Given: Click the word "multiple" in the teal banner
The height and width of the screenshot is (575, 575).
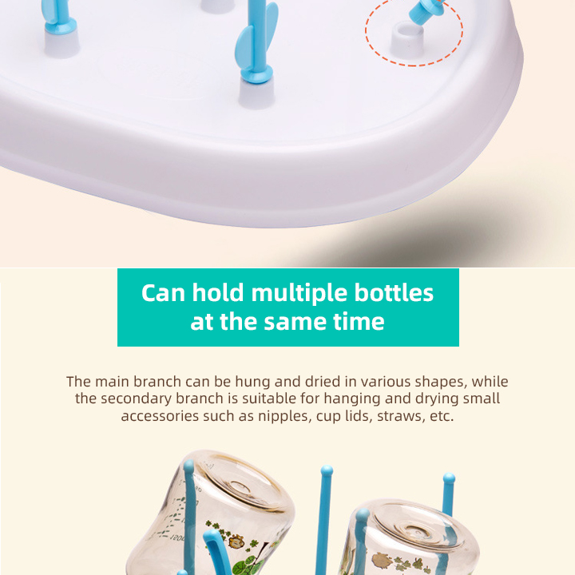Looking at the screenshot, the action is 299,293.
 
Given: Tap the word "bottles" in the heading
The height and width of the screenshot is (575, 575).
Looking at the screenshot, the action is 394,293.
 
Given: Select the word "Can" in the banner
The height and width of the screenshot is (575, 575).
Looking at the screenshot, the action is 163,293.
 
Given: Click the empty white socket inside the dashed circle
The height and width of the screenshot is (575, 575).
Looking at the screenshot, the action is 407,38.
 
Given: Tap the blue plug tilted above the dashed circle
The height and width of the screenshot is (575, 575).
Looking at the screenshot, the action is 426,10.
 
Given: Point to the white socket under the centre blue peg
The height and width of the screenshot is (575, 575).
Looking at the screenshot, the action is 256,93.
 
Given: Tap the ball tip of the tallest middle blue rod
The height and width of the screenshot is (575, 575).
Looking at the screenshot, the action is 327,470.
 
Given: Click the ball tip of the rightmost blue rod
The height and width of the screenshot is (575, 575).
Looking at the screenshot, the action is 449,478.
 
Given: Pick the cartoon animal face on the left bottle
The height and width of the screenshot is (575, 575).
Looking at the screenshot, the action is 236,541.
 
